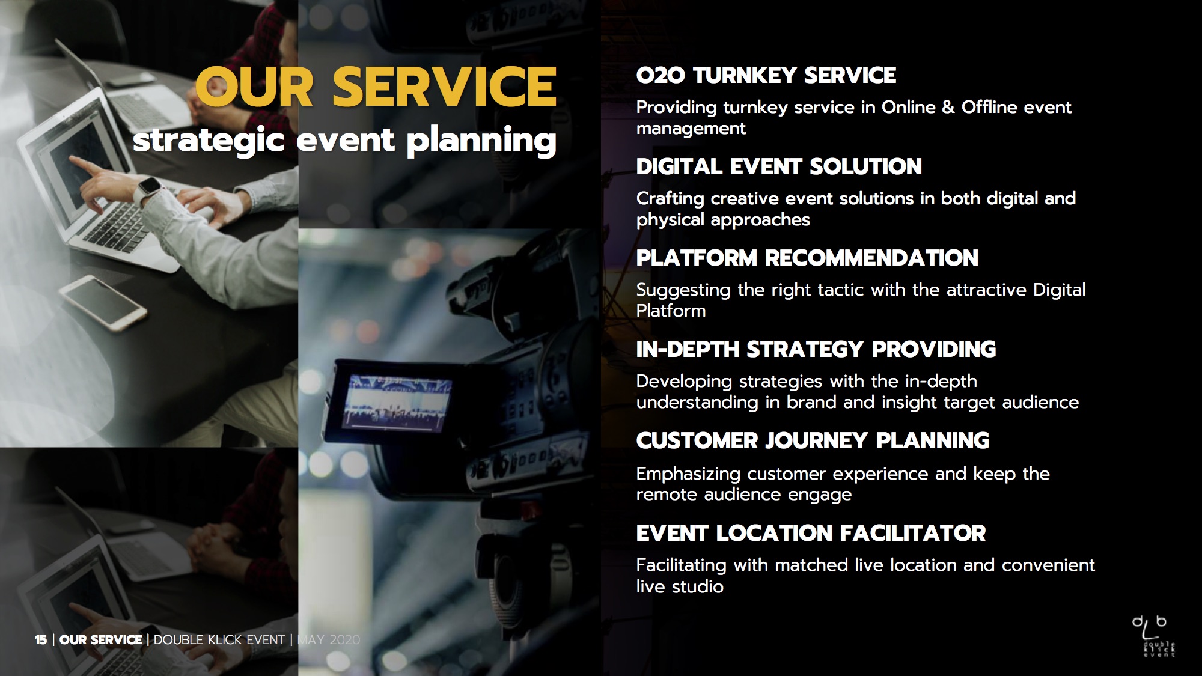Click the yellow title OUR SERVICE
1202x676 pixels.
tap(376, 87)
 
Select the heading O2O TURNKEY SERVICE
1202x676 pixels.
tap(766, 76)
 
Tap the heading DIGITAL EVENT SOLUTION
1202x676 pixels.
tap(779, 167)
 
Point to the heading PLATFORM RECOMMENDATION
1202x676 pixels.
tap(807, 258)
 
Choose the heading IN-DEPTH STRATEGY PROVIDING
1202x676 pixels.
tap(816, 350)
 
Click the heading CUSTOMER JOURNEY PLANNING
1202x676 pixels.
tap(813, 441)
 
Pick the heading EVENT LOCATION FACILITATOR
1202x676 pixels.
tap(811, 533)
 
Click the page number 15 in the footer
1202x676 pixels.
tap(41, 640)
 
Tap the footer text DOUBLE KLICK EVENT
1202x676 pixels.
tap(219, 640)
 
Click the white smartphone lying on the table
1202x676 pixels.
tap(103, 303)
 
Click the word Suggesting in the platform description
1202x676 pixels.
tap(684, 291)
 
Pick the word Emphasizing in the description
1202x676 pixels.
tap(689, 475)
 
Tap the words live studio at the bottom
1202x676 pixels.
tap(680, 586)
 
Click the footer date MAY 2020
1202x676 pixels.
tap(329, 640)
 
